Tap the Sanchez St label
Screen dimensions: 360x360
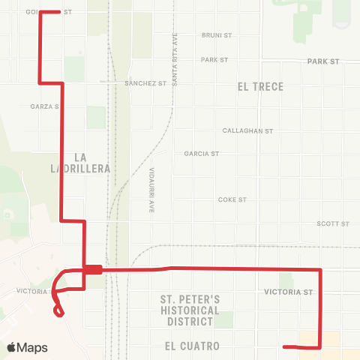[145, 83]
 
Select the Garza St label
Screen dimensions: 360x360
[44, 106]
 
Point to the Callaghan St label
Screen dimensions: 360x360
[247, 130]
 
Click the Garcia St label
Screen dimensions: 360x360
[201, 154]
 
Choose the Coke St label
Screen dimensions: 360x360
[232, 200]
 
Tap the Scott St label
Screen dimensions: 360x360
[333, 223]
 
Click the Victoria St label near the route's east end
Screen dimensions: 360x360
[288, 292]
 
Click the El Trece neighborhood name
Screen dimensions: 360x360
[260, 87]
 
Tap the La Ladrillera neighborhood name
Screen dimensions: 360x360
[92, 163]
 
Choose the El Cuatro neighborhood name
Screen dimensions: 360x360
[193, 346]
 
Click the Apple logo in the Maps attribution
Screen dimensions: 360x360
[11, 348]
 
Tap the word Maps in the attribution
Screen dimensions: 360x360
[32, 348]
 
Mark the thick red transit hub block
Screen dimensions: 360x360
[93, 270]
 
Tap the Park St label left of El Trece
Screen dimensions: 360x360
[214, 59]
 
